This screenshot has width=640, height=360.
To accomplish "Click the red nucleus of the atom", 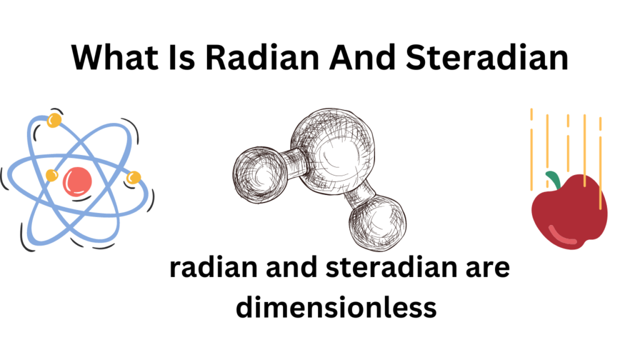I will coord(77,181).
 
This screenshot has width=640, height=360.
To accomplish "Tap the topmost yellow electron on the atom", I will coord(54,119).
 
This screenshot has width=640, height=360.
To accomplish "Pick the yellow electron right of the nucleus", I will coord(132,179).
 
